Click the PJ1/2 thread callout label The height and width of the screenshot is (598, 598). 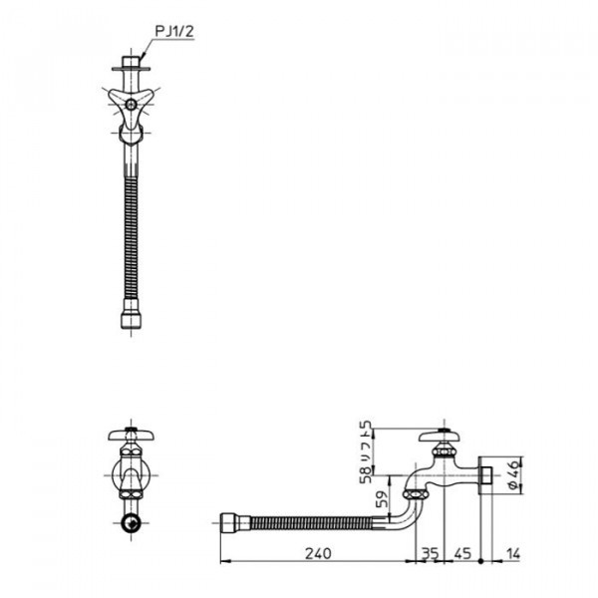pos(174,32)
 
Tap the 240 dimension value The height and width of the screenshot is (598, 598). pos(319,553)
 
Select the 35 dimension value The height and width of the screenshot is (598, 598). pos(430,553)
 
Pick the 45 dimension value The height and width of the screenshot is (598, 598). pos(462,553)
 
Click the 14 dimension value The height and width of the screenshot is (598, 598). pos(513,553)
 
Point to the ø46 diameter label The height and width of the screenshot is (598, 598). pos(514,474)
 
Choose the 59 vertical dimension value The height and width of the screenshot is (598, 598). pos(382,499)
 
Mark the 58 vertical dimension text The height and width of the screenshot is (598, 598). pos(366,474)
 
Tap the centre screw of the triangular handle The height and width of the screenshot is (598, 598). pos(132,104)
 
